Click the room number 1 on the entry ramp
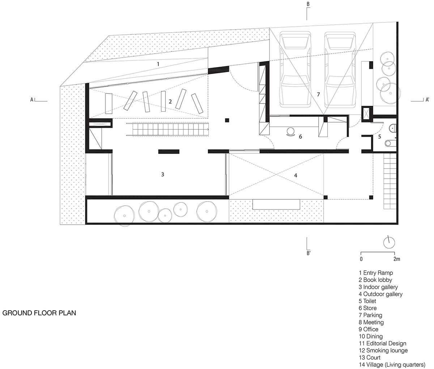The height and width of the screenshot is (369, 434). click(x=158, y=64)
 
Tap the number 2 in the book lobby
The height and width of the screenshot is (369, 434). click(x=170, y=101)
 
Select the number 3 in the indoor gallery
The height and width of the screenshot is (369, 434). click(x=162, y=174)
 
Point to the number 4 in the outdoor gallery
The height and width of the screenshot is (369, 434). click(x=295, y=175)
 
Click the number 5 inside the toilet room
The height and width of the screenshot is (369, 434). click(x=379, y=137)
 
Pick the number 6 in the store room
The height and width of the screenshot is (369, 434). click(x=301, y=137)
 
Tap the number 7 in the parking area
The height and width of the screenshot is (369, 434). click(x=318, y=95)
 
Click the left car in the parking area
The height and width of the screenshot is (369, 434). click(x=295, y=70)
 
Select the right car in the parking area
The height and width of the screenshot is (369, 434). click(x=340, y=70)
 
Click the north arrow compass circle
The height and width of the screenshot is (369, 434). click(x=389, y=243)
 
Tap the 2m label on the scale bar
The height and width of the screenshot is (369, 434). click(x=397, y=259)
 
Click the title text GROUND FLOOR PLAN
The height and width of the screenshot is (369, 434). click(x=39, y=313)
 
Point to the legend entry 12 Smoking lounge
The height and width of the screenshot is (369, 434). click(x=383, y=350)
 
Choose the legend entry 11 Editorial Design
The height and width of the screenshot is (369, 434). click(x=382, y=343)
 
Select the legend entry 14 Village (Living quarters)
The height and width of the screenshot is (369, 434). click(x=392, y=365)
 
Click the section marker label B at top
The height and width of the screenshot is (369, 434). click(x=308, y=4)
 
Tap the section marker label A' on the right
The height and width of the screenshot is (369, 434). click(x=427, y=100)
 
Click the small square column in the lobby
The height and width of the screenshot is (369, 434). click(x=227, y=120)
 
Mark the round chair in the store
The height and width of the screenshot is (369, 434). click(x=290, y=131)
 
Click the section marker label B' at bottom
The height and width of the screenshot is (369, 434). click(x=309, y=253)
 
